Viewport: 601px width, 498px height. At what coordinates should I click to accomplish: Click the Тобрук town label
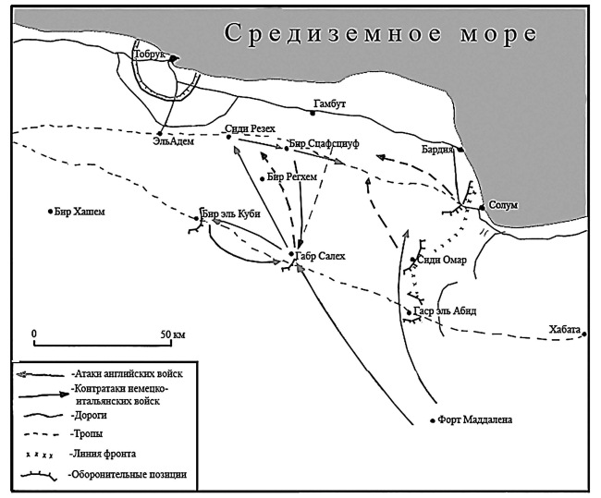149,55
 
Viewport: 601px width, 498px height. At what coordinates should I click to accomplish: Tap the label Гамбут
329,104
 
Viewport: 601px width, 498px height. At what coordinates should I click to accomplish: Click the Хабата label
563,327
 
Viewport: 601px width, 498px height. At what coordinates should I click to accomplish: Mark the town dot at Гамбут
313,113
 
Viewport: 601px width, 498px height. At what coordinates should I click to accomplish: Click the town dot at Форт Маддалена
433,421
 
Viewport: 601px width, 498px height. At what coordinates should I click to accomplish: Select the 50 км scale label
173,333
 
